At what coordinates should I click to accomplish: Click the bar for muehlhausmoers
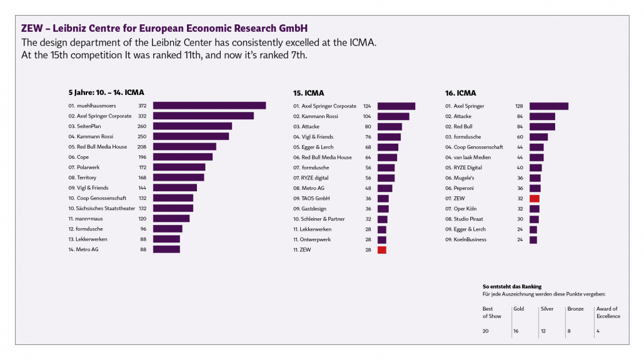coord(209,106)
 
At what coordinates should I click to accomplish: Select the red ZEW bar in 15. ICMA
coord(381,250)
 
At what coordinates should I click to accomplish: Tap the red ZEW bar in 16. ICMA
coord(534,198)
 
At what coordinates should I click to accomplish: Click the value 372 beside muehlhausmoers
coord(142,106)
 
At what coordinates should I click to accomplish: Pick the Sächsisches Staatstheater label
coord(101,208)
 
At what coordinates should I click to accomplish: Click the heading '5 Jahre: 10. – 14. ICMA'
coord(106,92)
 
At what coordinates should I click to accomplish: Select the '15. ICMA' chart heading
coord(308,93)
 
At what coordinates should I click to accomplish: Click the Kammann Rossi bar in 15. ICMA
coord(393,116)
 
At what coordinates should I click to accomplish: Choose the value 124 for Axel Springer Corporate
coord(366,106)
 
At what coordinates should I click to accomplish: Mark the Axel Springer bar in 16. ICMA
coord(548,106)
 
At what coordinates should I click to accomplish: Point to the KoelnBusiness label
coord(470,239)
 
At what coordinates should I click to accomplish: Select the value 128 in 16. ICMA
coord(518,106)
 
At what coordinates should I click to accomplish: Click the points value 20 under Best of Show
coord(486,331)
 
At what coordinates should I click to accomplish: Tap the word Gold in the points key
coord(518,309)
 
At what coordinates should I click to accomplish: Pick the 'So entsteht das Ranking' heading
coord(511,286)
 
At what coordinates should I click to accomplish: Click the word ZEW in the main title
coord(33,29)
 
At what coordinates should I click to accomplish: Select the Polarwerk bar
coord(179,167)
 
